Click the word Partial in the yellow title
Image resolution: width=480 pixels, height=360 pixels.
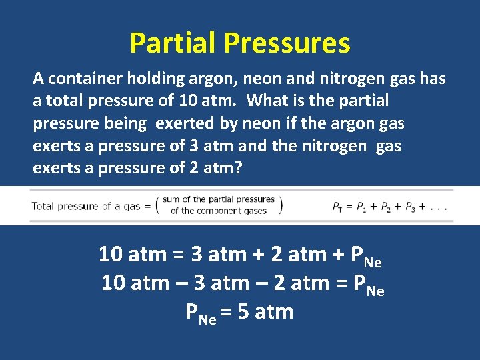174,43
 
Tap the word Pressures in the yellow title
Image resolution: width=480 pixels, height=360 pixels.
287,43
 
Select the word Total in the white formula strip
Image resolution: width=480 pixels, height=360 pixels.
43,206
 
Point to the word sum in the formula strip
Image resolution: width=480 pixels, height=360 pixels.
171,199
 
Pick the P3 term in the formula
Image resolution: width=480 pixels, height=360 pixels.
419,207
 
